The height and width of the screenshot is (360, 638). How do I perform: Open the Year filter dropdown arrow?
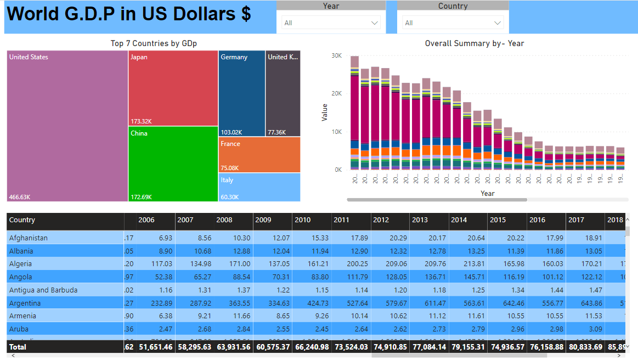coord(375,23)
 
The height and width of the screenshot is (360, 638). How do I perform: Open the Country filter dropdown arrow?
coord(498,23)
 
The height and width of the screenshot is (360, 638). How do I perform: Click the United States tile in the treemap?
coord(67,126)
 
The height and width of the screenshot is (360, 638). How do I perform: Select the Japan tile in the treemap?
coord(173,88)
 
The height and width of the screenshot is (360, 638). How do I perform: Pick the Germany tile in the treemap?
coord(241,93)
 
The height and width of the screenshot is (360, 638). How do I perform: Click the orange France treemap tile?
coord(259,155)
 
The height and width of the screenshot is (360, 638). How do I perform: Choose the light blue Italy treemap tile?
coord(259,187)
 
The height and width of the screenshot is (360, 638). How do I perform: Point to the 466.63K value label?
coord(20,197)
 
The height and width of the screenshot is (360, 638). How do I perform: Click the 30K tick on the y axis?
coord(337,56)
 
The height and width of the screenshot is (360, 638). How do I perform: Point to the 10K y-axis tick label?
coord(337,132)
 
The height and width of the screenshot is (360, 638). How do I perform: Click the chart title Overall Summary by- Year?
coord(475,43)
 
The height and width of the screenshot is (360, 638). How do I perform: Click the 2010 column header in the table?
coord(303,220)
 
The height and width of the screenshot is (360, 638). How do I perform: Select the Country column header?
coord(22,220)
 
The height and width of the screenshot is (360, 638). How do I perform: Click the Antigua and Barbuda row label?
coord(43,290)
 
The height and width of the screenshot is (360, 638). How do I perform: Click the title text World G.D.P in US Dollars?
coord(129,14)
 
